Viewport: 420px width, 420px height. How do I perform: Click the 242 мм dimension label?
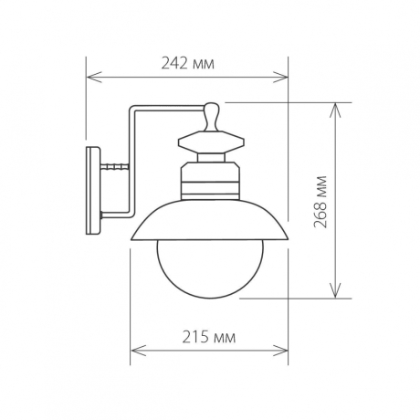[x=188, y=64]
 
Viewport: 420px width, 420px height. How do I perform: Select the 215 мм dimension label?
[x=211, y=337]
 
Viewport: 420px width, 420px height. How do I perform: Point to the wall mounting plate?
[x=93, y=191]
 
